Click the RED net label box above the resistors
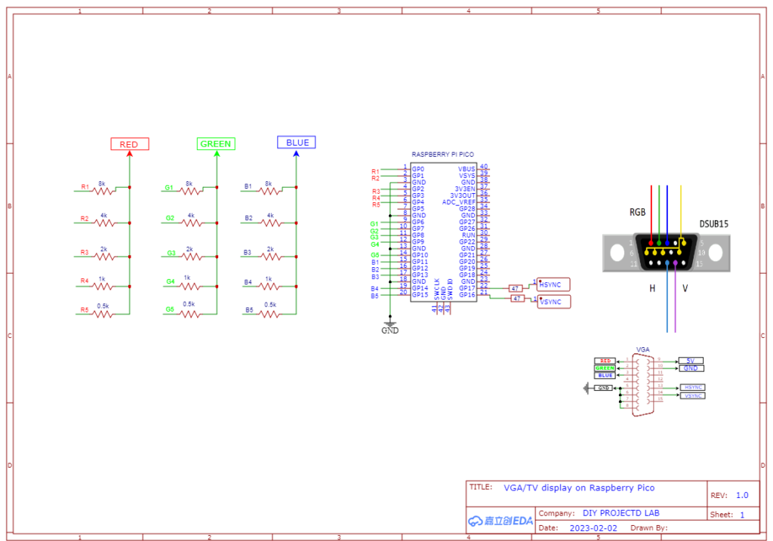pyautogui.click(x=129, y=144)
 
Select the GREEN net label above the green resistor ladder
pyautogui.click(x=217, y=144)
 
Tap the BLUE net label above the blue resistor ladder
pyautogui.click(x=297, y=142)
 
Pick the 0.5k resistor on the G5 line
pyautogui.click(x=189, y=313)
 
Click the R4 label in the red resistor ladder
pyautogui.click(x=85, y=281)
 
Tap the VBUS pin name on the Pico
pyautogui.click(x=467, y=169)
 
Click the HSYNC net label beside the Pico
pyautogui.click(x=553, y=284)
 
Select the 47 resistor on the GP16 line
pyautogui.click(x=517, y=299)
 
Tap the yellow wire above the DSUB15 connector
pyautogui.click(x=682, y=211)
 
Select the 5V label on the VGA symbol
pyautogui.click(x=690, y=361)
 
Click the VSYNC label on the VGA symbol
pyautogui.click(x=693, y=395)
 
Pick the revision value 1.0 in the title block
pyautogui.click(x=741, y=495)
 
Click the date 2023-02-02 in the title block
pyautogui.click(x=593, y=528)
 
